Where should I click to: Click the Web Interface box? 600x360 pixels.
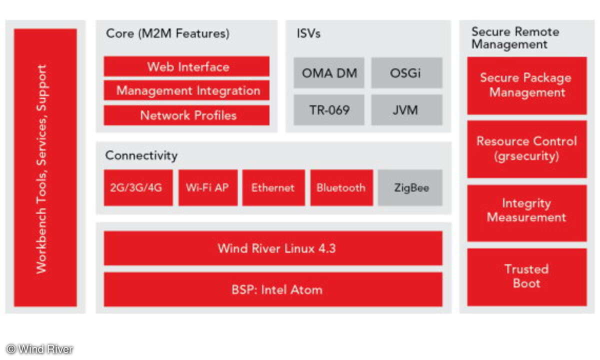point(186,66)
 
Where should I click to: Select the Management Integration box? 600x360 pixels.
point(186,90)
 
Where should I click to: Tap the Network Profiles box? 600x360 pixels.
point(186,115)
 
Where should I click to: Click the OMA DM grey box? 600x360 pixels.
point(329,73)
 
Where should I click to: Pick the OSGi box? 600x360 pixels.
point(406,73)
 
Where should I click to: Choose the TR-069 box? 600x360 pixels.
point(329,110)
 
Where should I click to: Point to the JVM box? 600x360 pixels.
point(406,110)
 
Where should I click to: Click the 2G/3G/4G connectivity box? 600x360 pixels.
point(138,187)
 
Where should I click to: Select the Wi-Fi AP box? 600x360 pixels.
point(208,187)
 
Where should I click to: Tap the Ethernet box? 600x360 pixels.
point(273,187)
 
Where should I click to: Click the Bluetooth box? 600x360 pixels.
point(341,187)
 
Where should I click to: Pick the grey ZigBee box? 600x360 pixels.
point(410,187)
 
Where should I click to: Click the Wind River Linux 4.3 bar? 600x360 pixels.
point(273,248)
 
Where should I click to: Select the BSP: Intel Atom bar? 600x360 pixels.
point(273,289)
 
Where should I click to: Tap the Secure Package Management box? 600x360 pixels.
point(527,85)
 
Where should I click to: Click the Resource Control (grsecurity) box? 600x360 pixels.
point(527,149)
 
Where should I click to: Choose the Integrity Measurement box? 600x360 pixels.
point(527,213)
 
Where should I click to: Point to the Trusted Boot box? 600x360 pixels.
point(527,277)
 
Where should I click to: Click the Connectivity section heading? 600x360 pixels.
point(141,155)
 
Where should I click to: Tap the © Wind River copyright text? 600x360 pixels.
point(39,349)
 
